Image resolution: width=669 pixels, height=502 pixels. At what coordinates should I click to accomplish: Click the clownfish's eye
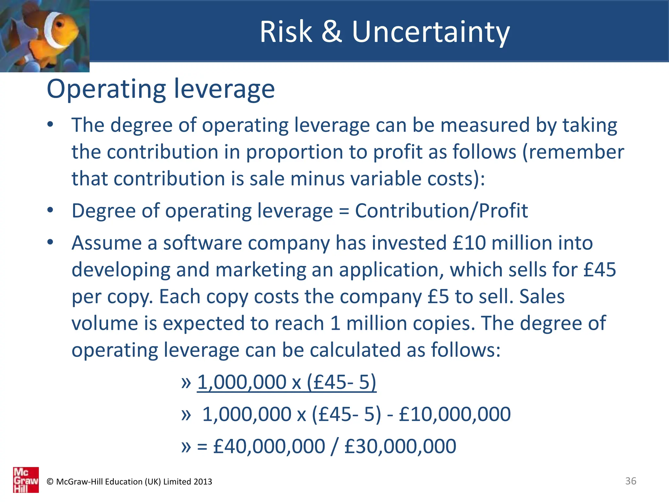tap(59, 25)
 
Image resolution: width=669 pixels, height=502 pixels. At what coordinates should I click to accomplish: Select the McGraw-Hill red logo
tap(26, 479)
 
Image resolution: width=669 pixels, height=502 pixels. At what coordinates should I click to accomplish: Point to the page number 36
tap(630, 481)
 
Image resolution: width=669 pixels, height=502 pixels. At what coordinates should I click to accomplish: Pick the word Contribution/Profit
tap(441, 211)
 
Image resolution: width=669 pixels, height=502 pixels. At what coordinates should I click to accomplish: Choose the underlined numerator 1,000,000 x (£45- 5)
tap(286, 382)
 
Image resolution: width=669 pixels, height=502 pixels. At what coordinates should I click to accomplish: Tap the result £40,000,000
tap(269, 446)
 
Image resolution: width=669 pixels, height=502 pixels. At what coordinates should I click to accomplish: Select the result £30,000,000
tap(400, 446)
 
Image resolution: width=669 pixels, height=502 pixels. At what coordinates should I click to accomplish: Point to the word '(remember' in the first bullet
tap(573, 152)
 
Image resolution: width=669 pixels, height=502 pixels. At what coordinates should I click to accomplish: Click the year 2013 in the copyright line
tap(203, 482)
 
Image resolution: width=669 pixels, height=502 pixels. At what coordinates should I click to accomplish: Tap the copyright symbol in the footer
tap(50, 482)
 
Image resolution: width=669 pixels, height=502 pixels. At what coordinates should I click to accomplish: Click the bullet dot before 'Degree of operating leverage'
tap(50, 210)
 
